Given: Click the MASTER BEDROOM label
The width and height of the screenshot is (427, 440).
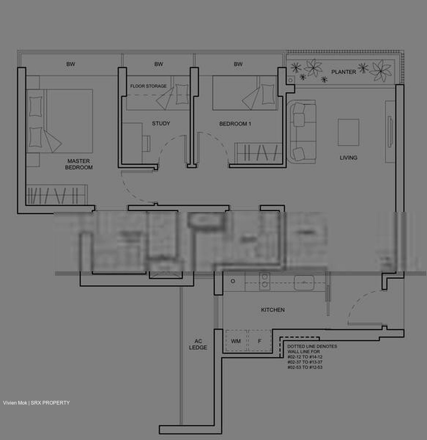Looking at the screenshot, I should click(79, 164).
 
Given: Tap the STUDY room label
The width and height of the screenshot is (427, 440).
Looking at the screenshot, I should click(161, 123).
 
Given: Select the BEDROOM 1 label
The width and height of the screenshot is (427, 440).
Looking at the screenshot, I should click(235, 124).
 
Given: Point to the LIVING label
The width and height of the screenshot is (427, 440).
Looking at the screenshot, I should click(348, 158).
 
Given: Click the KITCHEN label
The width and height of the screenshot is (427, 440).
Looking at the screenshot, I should click(273, 310).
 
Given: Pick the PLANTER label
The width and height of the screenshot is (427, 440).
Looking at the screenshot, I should click(344, 72).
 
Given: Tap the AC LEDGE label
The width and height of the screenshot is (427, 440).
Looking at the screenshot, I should click(198, 344).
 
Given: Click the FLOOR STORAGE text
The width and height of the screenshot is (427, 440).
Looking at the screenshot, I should click(148, 86).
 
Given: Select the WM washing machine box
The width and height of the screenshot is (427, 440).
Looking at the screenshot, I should click(236, 341).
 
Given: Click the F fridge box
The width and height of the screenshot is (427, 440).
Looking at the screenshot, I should click(260, 341).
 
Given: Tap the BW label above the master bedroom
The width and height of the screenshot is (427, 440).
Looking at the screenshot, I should click(71, 64).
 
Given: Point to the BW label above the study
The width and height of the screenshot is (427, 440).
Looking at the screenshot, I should click(159, 64).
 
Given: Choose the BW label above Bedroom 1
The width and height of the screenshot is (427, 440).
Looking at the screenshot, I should click(238, 64).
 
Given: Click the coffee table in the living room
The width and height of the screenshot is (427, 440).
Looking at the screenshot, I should click(348, 132).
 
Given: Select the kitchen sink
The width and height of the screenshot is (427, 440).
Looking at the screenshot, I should click(304, 283).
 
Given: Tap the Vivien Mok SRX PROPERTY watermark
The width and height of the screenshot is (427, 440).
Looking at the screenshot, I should click(36, 403).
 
